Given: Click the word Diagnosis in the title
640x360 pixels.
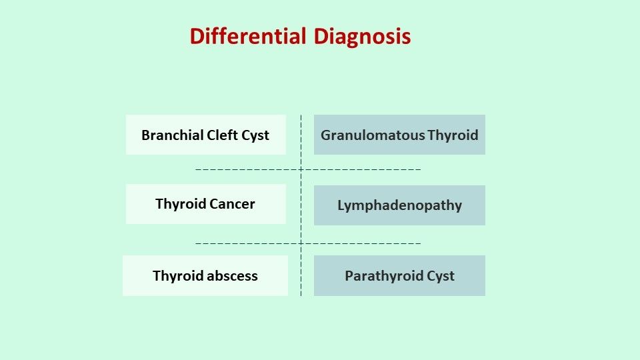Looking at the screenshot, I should click(x=362, y=36).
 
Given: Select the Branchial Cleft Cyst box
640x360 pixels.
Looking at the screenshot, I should click(x=205, y=135).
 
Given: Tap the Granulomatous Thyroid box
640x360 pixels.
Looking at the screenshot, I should click(x=399, y=135).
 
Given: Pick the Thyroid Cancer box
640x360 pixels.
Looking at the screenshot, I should click(x=205, y=204).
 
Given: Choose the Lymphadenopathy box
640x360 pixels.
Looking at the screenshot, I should click(x=399, y=205).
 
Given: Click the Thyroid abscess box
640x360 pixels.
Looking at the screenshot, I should click(x=205, y=275).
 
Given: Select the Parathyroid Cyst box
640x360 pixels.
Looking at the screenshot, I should click(x=399, y=275).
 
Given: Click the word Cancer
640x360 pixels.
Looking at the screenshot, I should click(x=233, y=204).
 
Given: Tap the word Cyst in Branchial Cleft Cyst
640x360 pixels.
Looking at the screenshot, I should click(x=255, y=135).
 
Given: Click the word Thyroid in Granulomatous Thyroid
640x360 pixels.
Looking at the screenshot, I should click(x=453, y=135).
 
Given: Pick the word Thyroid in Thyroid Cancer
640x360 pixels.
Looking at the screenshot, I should click(x=181, y=204).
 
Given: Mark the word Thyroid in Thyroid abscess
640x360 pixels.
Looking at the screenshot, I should click(x=177, y=276).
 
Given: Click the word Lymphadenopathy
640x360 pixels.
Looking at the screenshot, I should click(x=399, y=205).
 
